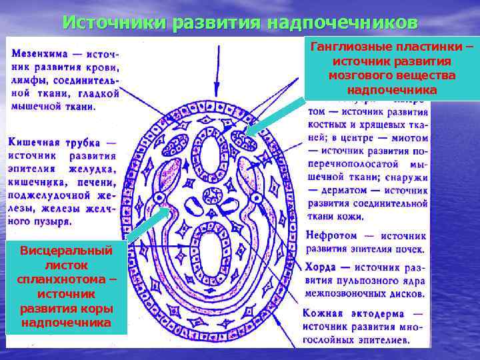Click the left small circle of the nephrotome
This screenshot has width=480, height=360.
coord(160,198)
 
